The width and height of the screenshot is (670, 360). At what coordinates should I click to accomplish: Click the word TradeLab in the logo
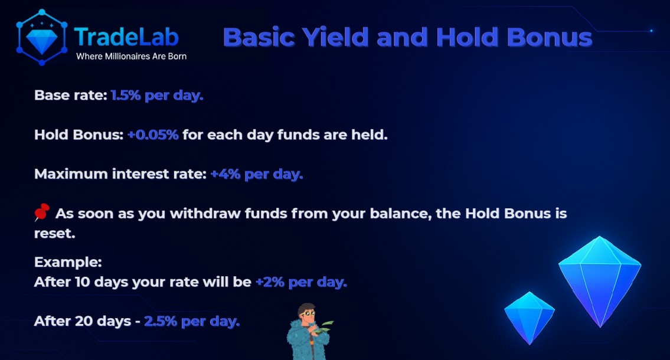pos(126,37)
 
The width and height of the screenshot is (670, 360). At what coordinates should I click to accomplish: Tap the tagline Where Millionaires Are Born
pos(131,57)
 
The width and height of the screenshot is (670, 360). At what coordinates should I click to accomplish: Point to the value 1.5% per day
pos(157,95)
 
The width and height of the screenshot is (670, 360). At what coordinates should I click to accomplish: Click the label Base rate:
pos(70,95)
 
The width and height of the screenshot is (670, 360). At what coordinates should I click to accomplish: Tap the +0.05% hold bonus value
pos(153,135)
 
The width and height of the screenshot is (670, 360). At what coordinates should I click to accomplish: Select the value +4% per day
pos(257,174)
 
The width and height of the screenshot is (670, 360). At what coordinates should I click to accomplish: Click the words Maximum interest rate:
pos(120,174)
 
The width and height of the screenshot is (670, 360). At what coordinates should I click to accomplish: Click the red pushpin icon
pos(43,213)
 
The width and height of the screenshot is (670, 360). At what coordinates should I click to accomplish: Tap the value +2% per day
pos(301,282)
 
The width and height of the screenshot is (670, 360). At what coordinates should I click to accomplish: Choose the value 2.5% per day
pos(192,322)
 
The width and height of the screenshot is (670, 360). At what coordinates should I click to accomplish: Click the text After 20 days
pos(82,322)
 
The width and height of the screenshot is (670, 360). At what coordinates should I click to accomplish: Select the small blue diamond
pos(530,316)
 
